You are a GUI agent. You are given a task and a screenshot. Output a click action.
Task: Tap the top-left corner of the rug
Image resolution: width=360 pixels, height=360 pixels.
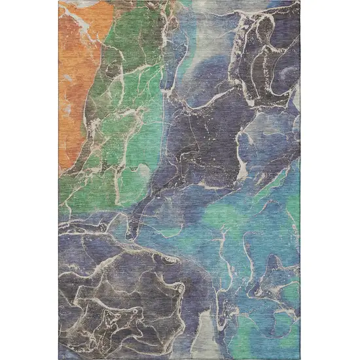(x=59, y=1)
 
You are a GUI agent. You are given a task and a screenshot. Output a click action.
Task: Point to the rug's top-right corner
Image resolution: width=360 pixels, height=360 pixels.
(x=300, y=1)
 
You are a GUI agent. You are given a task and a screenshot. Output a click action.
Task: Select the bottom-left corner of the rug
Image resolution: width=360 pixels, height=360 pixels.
(x=59, y=359)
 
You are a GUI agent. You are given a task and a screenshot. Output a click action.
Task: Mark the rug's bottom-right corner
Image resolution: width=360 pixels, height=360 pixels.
(x=300, y=359)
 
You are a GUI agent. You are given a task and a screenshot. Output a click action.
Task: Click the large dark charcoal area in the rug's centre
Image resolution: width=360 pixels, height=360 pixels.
(x=203, y=131)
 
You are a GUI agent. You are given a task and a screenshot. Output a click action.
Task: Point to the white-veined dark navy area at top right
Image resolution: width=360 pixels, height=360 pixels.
(x=268, y=59)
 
